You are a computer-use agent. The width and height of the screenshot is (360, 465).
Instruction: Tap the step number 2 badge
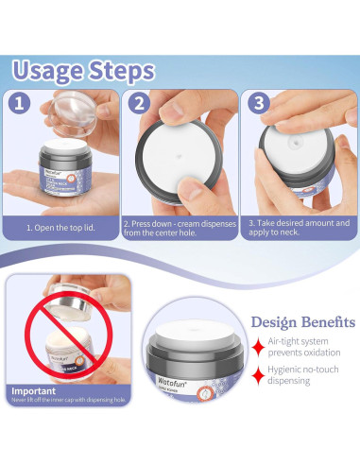point(139,104)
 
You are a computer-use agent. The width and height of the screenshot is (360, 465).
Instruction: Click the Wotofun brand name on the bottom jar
point(169,385)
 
